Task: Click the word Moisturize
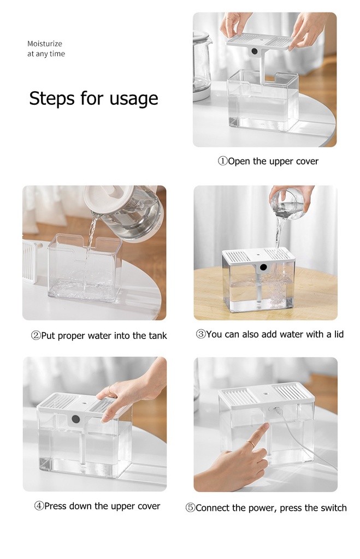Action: coord(45,44)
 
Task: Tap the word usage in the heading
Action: coord(134,99)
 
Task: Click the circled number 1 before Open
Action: coord(223,161)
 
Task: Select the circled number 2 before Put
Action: coord(36,336)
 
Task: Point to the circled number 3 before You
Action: coord(201,334)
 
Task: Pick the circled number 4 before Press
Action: coord(39,506)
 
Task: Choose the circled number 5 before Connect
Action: coord(191,508)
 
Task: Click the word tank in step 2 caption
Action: coord(158,336)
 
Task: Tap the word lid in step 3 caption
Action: coord(339,334)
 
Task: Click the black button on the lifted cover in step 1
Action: coord(255,51)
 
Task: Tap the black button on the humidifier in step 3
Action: coord(264,267)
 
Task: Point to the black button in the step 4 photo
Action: coord(75,419)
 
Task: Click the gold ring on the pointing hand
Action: coord(251,444)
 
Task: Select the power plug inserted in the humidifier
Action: coord(276,411)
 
